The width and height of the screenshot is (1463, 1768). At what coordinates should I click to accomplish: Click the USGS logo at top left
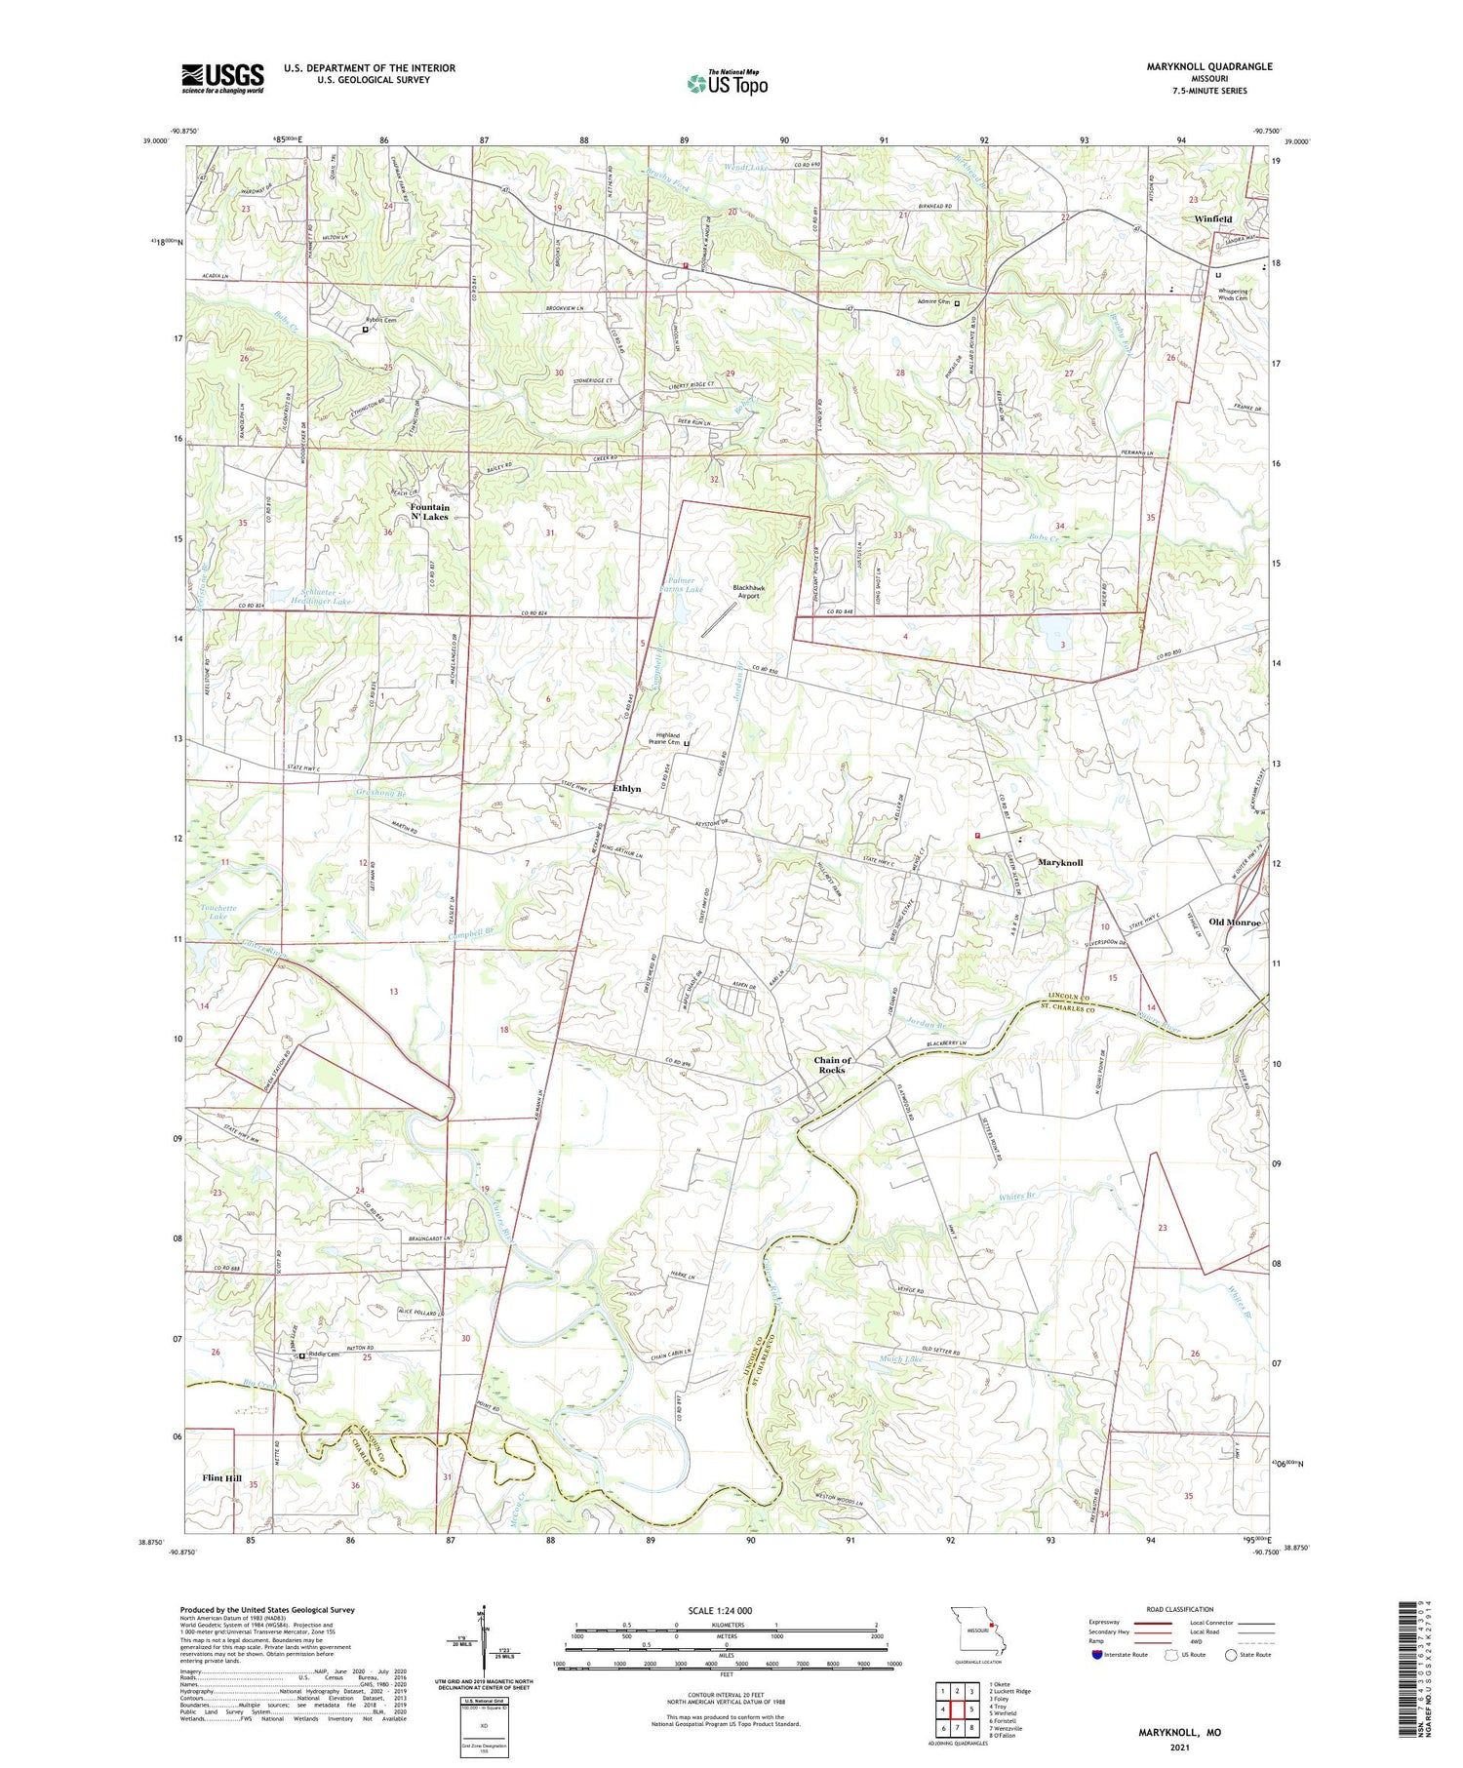(222, 78)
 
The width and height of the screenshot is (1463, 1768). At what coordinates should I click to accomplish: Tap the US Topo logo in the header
(728, 83)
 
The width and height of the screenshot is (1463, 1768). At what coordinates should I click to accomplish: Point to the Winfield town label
(1213, 218)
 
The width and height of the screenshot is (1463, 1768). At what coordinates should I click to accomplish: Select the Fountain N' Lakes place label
(429, 512)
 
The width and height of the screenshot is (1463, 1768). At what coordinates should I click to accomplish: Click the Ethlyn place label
(626, 788)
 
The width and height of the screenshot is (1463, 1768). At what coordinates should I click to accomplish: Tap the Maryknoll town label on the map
(1059, 863)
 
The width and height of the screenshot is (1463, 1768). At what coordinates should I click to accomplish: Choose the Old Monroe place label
(1235, 922)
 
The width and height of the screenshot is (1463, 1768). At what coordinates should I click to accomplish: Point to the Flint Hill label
(221, 1478)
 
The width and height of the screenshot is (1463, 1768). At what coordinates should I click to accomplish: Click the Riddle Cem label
(324, 1355)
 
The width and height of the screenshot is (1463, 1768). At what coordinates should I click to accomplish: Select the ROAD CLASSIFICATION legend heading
(1180, 1609)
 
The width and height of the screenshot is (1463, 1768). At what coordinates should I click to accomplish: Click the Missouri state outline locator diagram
(976, 1629)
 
